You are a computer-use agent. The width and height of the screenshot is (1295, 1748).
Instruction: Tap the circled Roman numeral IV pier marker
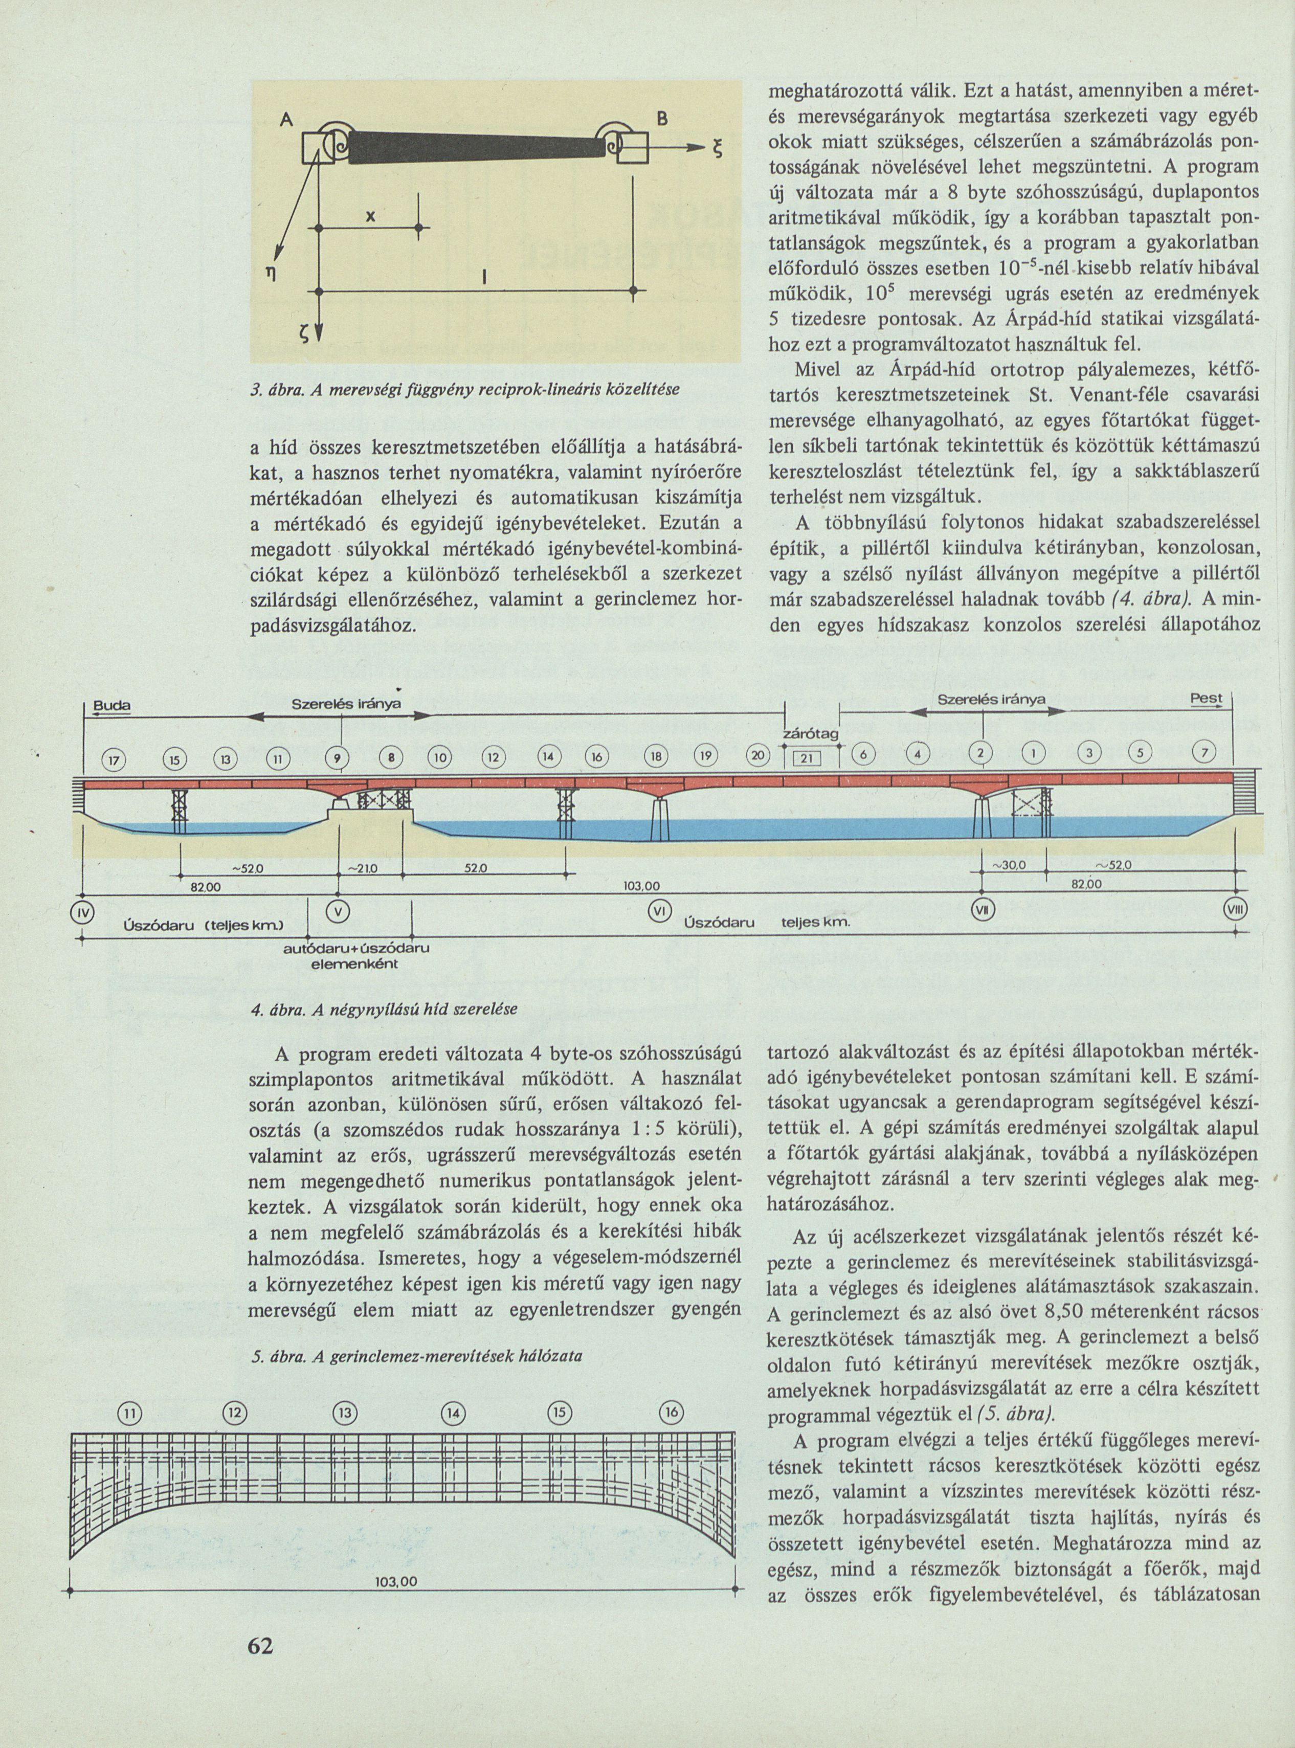point(81,912)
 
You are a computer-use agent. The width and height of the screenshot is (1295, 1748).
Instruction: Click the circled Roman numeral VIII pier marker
point(1236,910)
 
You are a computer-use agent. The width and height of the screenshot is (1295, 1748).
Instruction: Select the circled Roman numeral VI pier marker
point(659,911)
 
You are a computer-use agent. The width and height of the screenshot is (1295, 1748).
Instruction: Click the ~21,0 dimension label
point(364,868)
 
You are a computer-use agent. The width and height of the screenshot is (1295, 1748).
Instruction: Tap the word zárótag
point(811,734)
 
